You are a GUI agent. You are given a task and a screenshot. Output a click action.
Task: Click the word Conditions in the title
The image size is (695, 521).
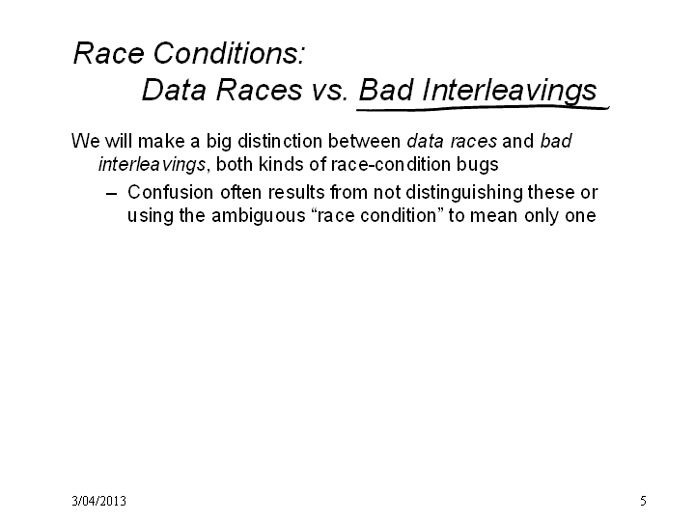click(229, 53)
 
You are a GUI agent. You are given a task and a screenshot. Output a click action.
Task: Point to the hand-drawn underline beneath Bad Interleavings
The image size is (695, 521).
click(484, 107)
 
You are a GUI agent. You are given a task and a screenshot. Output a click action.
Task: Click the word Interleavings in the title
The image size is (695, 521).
click(510, 92)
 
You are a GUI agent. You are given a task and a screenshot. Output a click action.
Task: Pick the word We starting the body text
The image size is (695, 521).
click(86, 141)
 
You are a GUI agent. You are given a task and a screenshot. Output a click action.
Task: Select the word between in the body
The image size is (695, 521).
click(364, 141)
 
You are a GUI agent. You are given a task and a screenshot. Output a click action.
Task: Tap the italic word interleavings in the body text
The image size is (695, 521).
click(153, 165)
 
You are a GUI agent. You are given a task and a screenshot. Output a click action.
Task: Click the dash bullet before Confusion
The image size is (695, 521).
click(111, 194)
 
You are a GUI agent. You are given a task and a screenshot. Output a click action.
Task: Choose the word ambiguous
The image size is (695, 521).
click(259, 217)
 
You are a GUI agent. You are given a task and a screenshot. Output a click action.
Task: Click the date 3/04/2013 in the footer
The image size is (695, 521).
click(98, 501)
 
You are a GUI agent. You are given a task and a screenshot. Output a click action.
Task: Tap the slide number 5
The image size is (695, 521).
click(643, 501)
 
